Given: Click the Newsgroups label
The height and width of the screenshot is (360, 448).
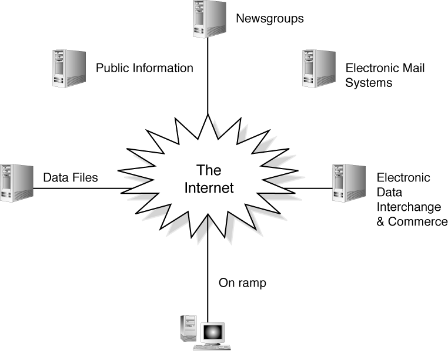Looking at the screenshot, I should click(x=269, y=18).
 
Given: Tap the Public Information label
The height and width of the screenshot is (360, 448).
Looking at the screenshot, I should click(x=144, y=68).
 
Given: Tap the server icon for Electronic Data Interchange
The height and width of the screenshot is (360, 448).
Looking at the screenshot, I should click(x=345, y=183).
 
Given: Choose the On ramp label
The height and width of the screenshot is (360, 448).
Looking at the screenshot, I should click(x=242, y=283).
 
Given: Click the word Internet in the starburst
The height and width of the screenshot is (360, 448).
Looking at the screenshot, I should click(x=209, y=189).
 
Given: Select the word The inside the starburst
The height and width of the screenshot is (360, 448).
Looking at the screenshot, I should click(x=208, y=171).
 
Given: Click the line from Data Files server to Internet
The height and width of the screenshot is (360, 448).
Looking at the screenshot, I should click(x=82, y=189).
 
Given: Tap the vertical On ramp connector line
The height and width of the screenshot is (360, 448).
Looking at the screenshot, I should click(x=208, y=276).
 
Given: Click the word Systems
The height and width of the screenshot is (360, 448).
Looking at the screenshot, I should click(x=369, y=83).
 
